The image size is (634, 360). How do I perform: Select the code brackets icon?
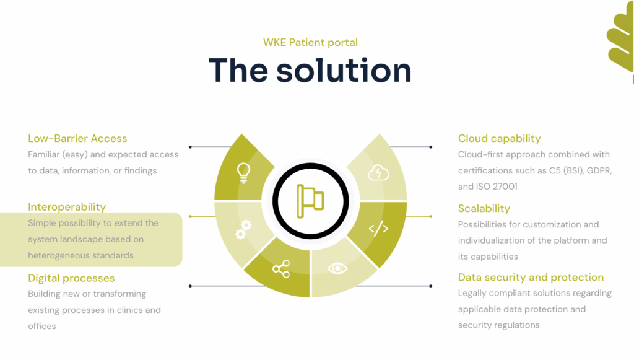coord(378,229)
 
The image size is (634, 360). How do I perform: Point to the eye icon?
coord(337,268)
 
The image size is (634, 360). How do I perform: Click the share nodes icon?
coord(280,268)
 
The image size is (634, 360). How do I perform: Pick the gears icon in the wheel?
coord(243,230)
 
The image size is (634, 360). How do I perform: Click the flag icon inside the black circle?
coord(310,200)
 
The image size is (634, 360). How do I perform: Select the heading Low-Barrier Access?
coord(77,138)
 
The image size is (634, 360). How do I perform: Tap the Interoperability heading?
coord(67,207)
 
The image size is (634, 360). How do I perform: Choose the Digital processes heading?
coord(71,278)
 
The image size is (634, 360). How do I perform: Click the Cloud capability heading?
coord(499,138)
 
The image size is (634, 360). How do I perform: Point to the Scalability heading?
coord(484,208)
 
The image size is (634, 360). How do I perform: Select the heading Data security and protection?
coord(531,277)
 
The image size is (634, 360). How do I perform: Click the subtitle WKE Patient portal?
coord(310,42)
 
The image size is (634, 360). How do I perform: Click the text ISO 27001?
coord(497,186)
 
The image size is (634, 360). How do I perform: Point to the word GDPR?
coord(597,170)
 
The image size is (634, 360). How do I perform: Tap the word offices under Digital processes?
coord(42,326)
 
